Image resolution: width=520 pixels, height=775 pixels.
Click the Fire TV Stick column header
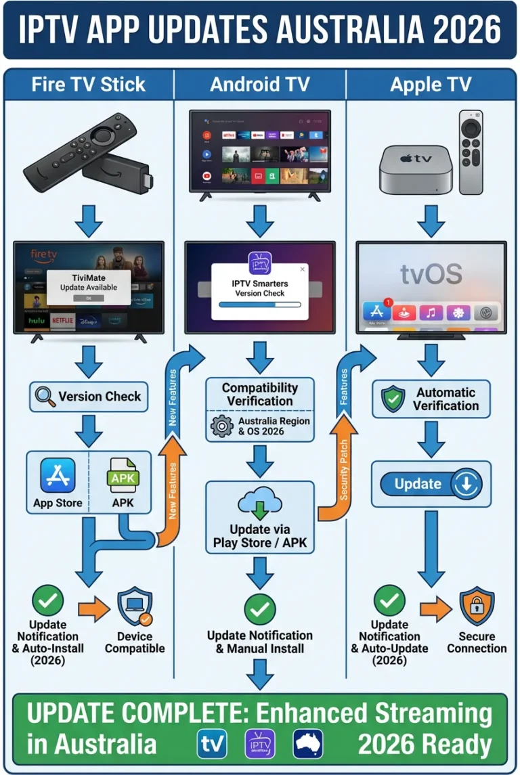[88, 84]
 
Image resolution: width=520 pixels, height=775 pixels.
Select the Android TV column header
[259, 84]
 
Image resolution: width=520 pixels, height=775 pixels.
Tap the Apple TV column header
[431, 84]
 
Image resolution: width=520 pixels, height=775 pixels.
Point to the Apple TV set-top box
[414, 169]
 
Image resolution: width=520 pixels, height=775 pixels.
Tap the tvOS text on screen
[431, 274]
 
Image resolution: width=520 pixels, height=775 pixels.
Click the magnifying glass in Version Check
[45, 397]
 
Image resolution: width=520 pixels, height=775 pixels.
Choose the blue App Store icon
[58, 475]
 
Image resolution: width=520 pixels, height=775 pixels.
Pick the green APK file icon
[123, 475]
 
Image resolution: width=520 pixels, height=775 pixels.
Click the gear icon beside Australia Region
[221, 426]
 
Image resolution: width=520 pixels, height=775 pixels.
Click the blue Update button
[431, 484]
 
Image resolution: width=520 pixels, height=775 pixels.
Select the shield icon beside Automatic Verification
[393, 399]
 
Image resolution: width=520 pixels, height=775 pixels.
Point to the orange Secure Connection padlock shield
[477, 606]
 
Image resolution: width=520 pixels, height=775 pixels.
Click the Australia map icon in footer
[308, 744]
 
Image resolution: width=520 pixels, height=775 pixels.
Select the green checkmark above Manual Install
[259, 609]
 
